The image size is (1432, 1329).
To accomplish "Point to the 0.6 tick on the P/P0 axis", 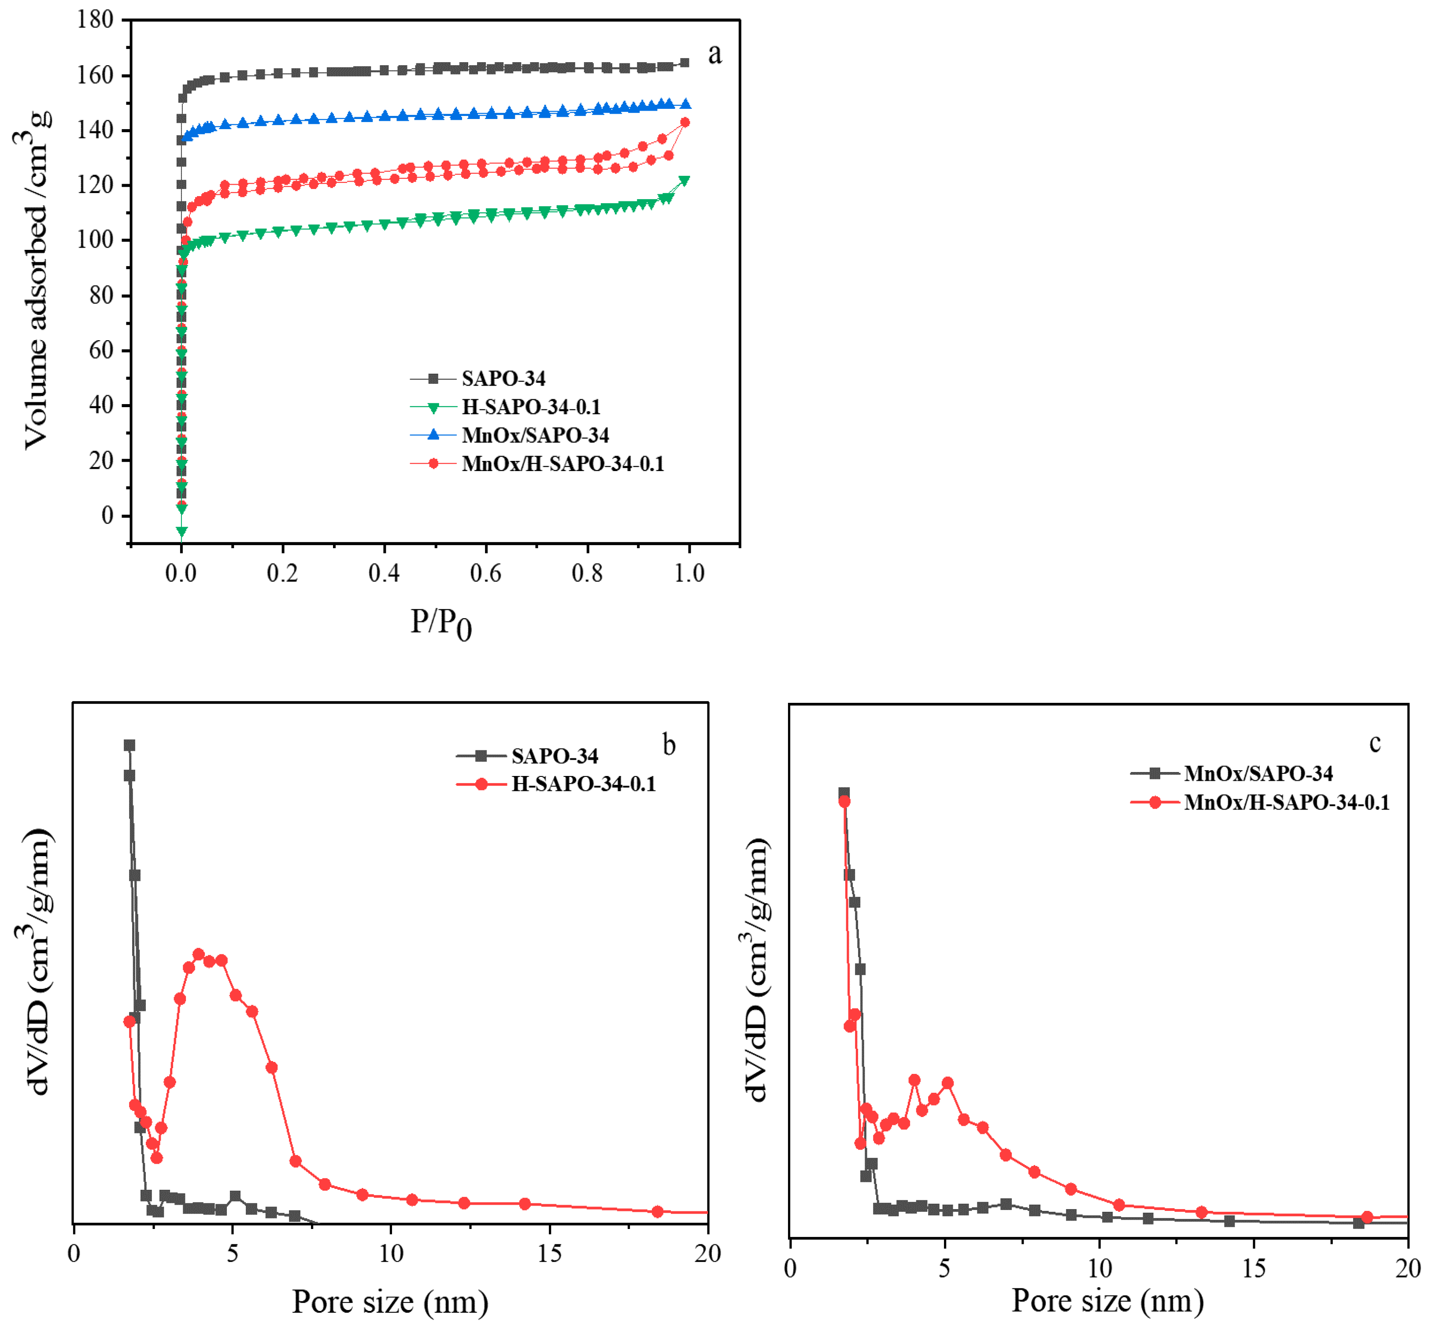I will [x=485, y=573].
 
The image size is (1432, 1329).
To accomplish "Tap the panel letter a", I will [x=714, y=53].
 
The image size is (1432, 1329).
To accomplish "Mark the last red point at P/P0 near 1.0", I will [x=685, y=122].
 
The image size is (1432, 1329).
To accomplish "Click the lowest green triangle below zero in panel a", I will [x=182, y=531].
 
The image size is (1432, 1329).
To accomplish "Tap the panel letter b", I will [x=669, y=745].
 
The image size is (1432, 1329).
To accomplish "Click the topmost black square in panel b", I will [x=130, y=745].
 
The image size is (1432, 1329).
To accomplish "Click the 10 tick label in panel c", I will [x=1099, y=1268].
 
